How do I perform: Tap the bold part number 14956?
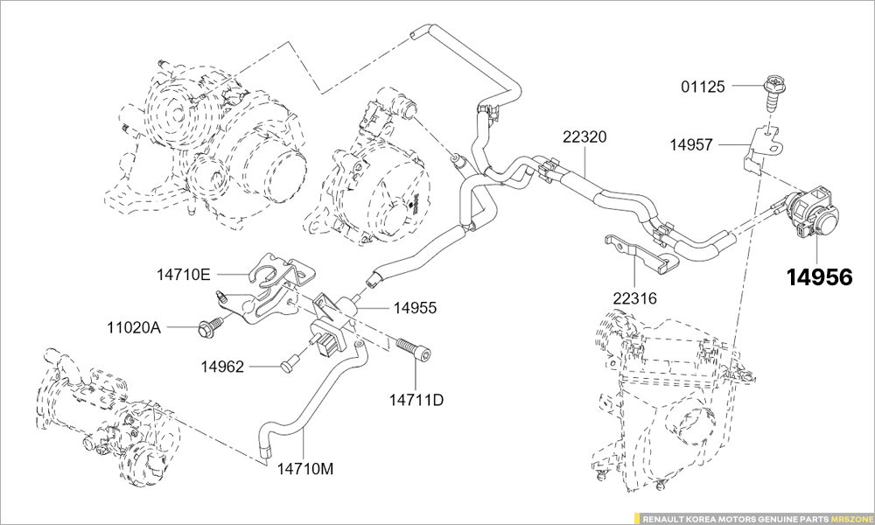818,277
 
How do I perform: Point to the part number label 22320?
584,137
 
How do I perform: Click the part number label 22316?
634,298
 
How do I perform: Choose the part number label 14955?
415,308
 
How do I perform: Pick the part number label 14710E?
184,275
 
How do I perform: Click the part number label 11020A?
134,328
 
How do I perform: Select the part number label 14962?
222,366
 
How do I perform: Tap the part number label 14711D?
416,401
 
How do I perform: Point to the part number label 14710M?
305,468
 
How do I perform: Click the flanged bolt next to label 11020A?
210,327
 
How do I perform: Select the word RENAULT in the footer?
665,518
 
